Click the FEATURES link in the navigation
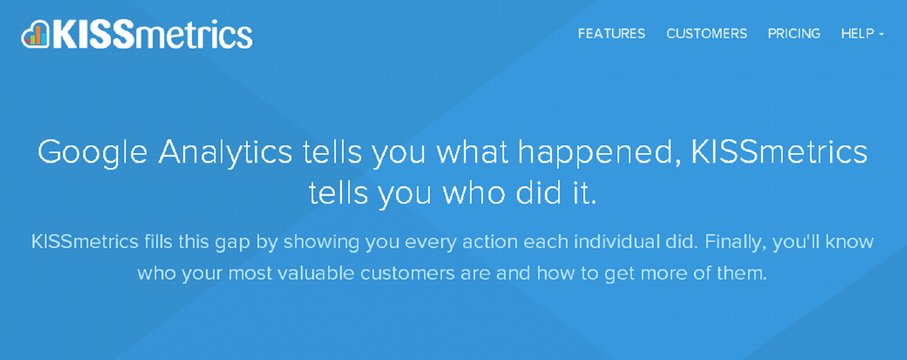tap(611, 34)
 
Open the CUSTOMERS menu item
tap(707, 34)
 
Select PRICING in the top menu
tap(794, 34)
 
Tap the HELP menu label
tap(857, 34)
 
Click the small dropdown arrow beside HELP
tap(882, 35)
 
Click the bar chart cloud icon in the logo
tap(35, 34)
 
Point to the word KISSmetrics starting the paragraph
tap(85, 241)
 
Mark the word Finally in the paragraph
tap(736, 242)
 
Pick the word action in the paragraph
tap(490, 242)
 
